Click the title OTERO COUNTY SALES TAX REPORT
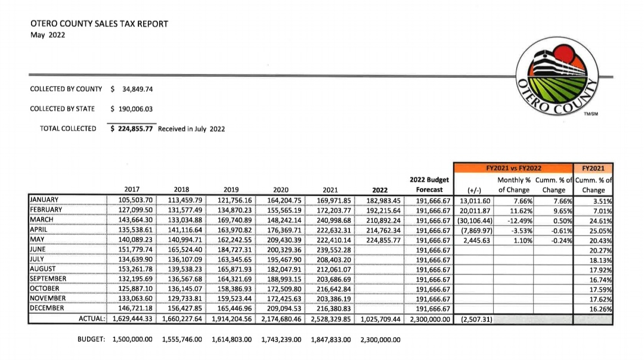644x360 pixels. tap(99, 24)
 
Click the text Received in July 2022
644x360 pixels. tap(191, 128)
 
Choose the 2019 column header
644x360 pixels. tap(231, 190)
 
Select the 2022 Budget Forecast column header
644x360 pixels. tap(429, 185)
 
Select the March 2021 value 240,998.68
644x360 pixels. tap(331, 219)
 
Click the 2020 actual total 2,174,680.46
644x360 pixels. tap(283, 318)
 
